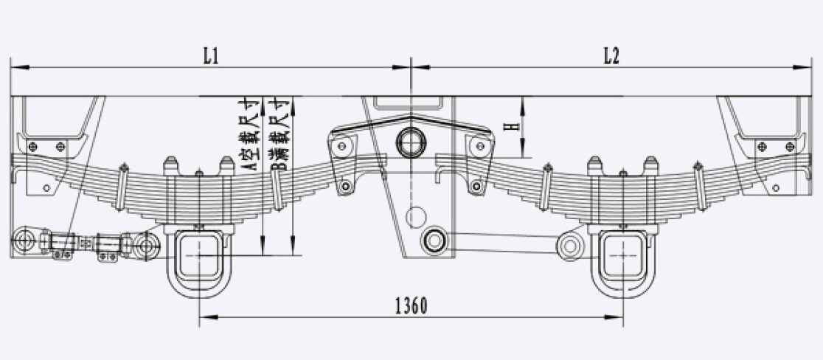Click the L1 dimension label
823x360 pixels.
[211, 55]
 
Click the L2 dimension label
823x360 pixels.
[611, 55]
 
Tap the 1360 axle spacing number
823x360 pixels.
[411, 305]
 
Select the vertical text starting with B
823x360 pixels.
[277, 136]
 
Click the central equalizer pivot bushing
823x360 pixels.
[411, 142]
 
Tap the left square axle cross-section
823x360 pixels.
[199, 255]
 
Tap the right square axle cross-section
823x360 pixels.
[623, 255]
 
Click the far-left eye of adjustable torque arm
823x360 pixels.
[24, 241]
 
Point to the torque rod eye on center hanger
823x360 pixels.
[434, 240]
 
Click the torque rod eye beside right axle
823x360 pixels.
[571, 245]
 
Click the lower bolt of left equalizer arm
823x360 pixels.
[345, 186]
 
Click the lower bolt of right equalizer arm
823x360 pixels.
[476, 186]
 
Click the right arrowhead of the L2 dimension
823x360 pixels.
[802, 67]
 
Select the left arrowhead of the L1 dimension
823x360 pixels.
[21, 67]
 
